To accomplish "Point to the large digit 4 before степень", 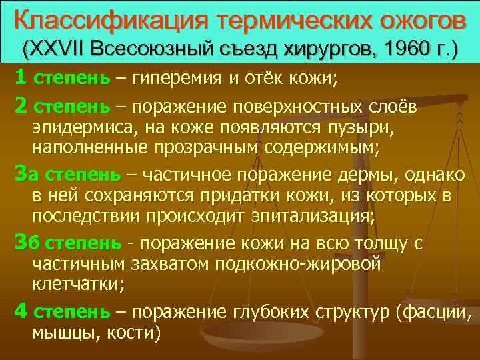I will pos(20,311).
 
